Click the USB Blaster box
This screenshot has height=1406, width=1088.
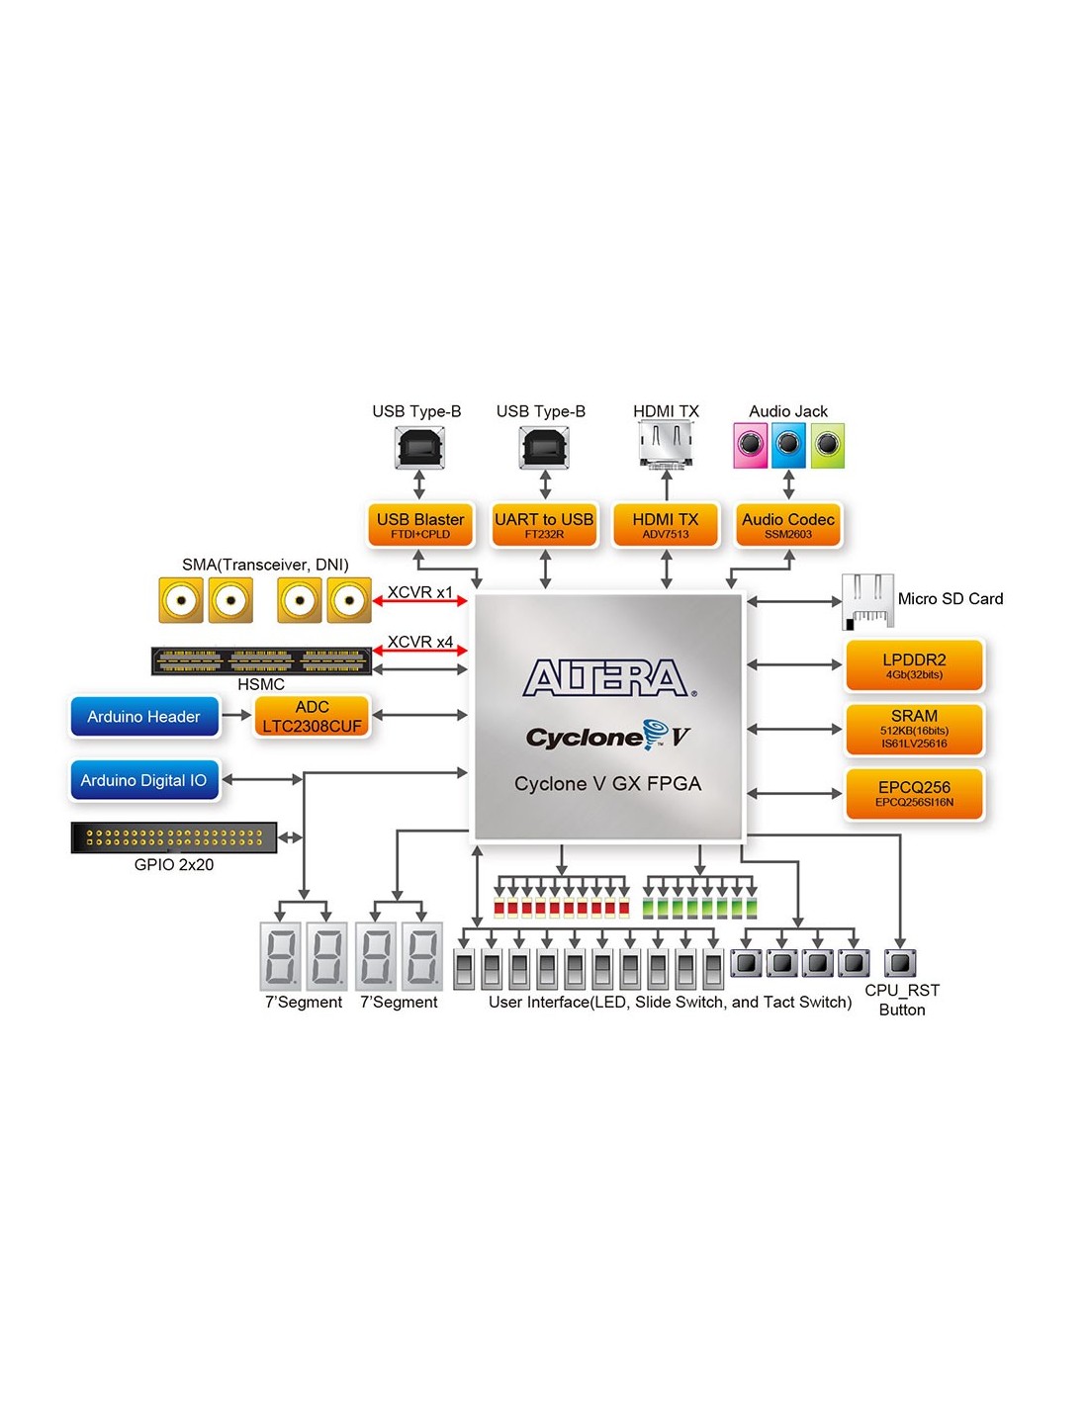[419, 525]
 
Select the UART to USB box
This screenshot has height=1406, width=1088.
[544, 525]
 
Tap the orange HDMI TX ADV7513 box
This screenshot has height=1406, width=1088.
[666, 525]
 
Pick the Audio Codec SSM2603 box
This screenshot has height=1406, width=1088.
[788, 525]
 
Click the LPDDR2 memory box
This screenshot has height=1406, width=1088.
[914, 665]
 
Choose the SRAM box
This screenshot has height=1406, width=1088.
[914, 729]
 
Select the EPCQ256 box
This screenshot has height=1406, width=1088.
[914, 794]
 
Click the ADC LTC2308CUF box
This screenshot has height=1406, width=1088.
[312, 717]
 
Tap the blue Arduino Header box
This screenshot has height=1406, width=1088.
[144, 717]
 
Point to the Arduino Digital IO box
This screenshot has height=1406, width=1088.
[144, 780]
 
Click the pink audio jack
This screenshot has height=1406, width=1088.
[751, 446]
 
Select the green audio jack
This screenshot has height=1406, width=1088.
[828, 446]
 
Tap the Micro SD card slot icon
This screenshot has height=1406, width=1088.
[867, 601]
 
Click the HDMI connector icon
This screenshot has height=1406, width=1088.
[666, 444]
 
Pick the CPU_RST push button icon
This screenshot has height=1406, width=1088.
[900, 962]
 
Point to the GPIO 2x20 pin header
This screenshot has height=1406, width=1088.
[174, 837]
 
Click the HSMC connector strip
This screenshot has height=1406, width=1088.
[261, 660]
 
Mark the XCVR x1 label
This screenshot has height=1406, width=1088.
[420, 592]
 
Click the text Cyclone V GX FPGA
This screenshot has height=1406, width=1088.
[607, 784]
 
